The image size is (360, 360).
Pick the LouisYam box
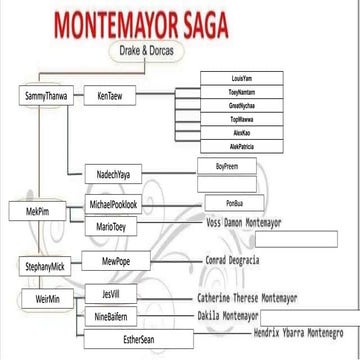[x=235, y=76]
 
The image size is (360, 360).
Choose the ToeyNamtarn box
[x=235, y=90]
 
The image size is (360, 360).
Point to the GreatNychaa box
[x=235, y=103]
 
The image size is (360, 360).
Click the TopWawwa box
[x=235, y=117]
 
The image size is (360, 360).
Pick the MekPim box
[x=33, y=212]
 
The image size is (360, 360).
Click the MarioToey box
[x=106, y=227]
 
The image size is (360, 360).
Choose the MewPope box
[x=110, y=259]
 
